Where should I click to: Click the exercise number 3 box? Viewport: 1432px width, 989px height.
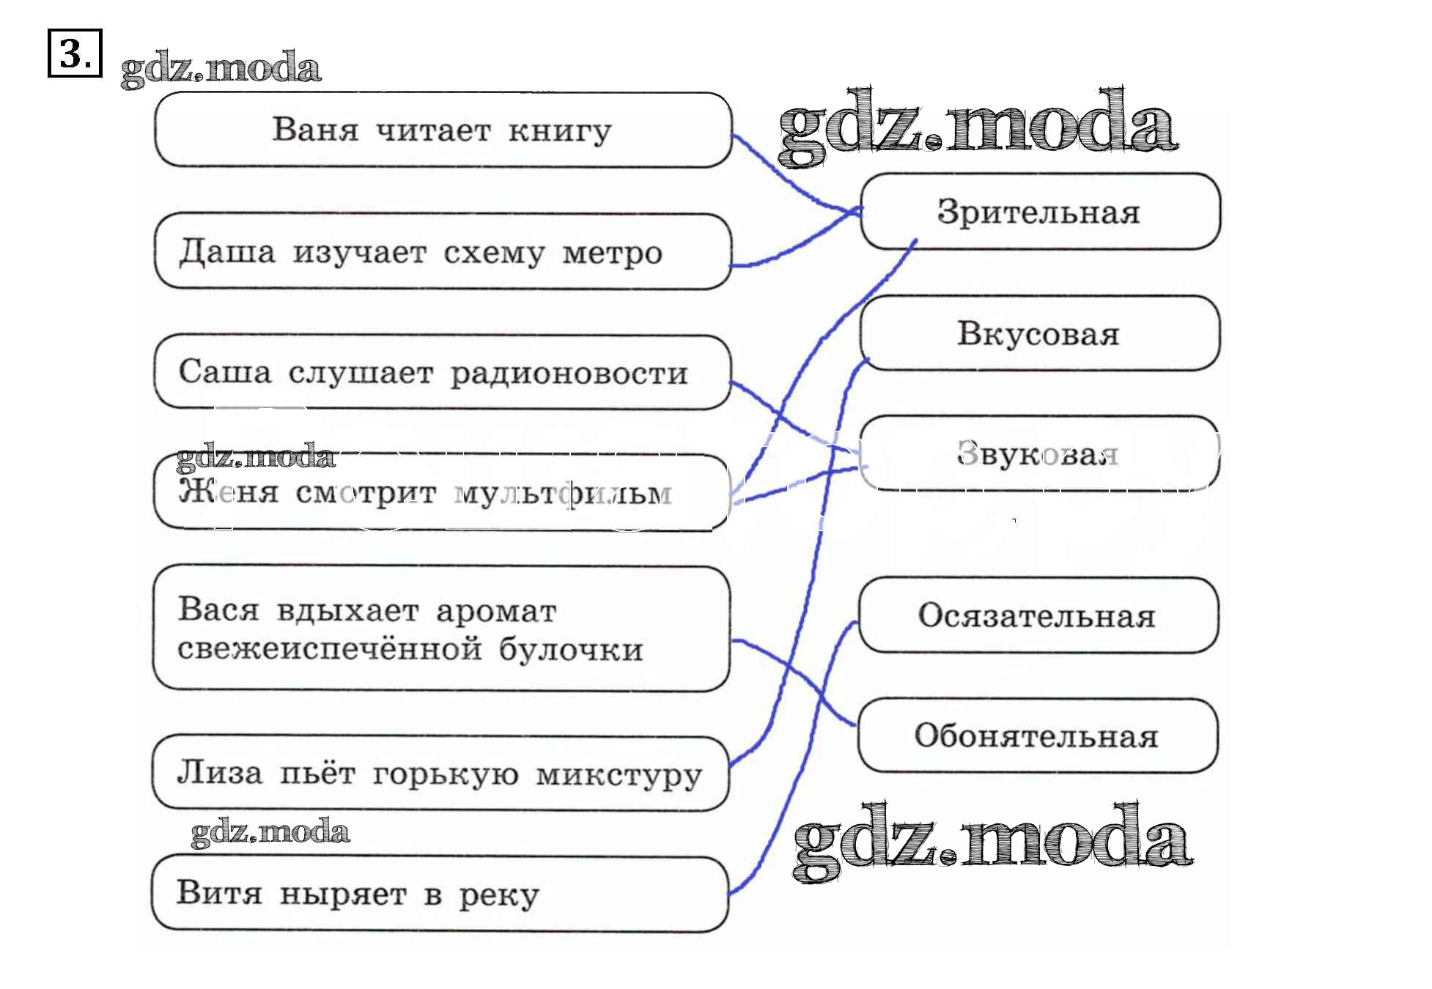click(74, 53)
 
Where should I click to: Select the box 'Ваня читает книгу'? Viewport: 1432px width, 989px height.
click(443, 130)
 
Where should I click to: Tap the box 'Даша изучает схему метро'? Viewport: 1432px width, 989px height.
click(443, 251)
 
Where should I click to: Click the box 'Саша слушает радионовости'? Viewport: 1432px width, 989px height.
click(443, 372)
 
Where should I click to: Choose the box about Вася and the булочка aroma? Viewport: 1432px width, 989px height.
click(441, 629)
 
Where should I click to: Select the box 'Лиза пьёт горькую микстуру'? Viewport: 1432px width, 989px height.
click(440, 774)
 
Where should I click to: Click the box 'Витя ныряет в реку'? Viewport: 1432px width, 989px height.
click(440, 894)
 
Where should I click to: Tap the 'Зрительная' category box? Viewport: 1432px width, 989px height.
click(1039, 212)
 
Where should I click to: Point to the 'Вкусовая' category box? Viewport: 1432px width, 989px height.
click(1039, 333)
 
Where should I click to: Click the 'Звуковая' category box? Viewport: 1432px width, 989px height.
click(1038, 453)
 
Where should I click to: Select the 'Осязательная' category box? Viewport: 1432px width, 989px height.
click(1038, 615)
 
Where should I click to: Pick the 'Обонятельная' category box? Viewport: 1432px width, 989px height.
click(1037, 736)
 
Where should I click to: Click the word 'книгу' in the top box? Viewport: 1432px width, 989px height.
click(560, 132)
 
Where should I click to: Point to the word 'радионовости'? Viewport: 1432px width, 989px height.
click(569, 374)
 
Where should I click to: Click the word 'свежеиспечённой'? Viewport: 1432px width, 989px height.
click(330, 650)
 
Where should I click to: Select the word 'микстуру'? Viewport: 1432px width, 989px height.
click(619, 775)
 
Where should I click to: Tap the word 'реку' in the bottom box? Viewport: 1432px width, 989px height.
click(499, 895)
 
